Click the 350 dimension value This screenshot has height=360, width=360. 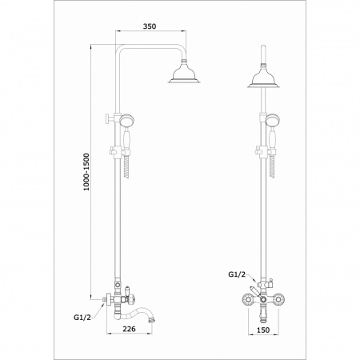(150, 26)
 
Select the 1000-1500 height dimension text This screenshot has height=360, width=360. (86, 172)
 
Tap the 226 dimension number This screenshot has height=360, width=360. (129, 329)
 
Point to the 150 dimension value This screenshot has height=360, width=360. (263, 330)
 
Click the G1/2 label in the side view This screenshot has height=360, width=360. (82, 317)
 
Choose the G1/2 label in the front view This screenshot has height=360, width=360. (237, 274)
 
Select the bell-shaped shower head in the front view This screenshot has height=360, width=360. (263, 77)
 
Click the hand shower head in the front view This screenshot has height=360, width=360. (271, 120)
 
